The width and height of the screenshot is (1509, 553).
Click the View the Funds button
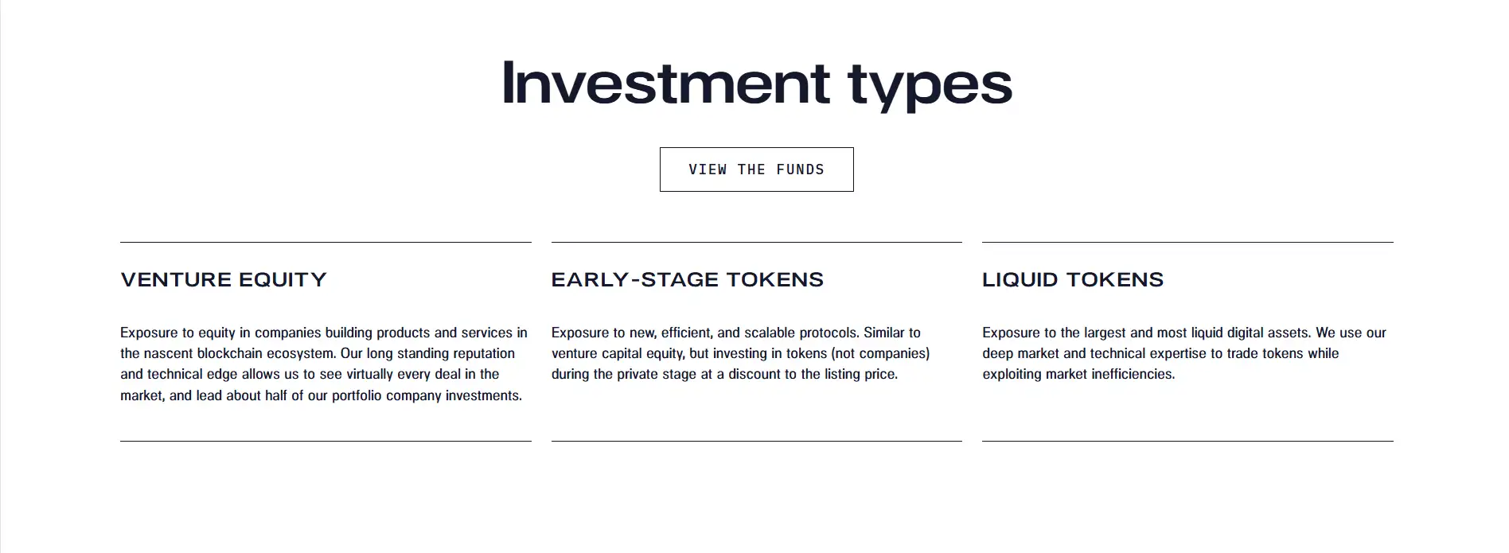(756, 169)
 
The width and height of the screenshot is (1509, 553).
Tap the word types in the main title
(930, 86)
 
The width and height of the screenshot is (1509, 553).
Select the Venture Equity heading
(224, 280)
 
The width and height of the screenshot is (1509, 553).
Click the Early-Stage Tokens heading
(688, 280)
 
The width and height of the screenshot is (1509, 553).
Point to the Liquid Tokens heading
(1073, 280)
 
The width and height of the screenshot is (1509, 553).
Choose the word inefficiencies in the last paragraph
(1130, 374)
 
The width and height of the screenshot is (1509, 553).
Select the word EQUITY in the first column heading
(283, 280)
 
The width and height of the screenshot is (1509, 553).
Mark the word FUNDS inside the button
(801, 169)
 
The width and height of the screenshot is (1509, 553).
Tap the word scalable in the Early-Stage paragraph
(770, 333)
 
